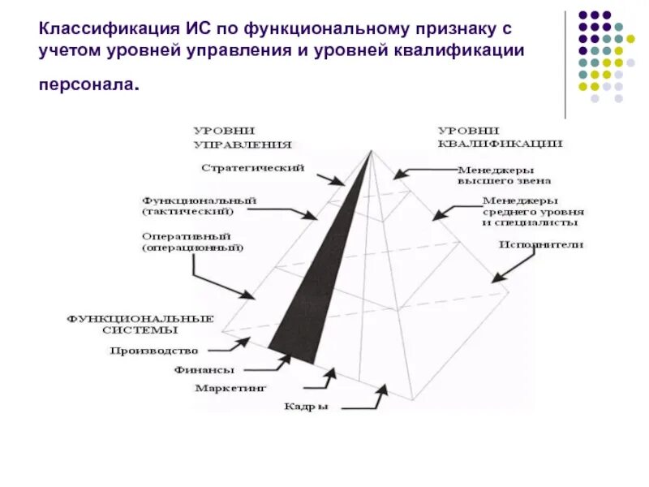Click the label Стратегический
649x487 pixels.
click(x=252, y=168)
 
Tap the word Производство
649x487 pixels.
click(x=153, y=351)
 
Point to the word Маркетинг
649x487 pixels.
click(x=230, y=388)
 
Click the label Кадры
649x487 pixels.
click(x=306, y=407)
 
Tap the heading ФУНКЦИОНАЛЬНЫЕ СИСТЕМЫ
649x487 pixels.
click(x=140, y=324)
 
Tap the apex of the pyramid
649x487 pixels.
click(x=370, y=150)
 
